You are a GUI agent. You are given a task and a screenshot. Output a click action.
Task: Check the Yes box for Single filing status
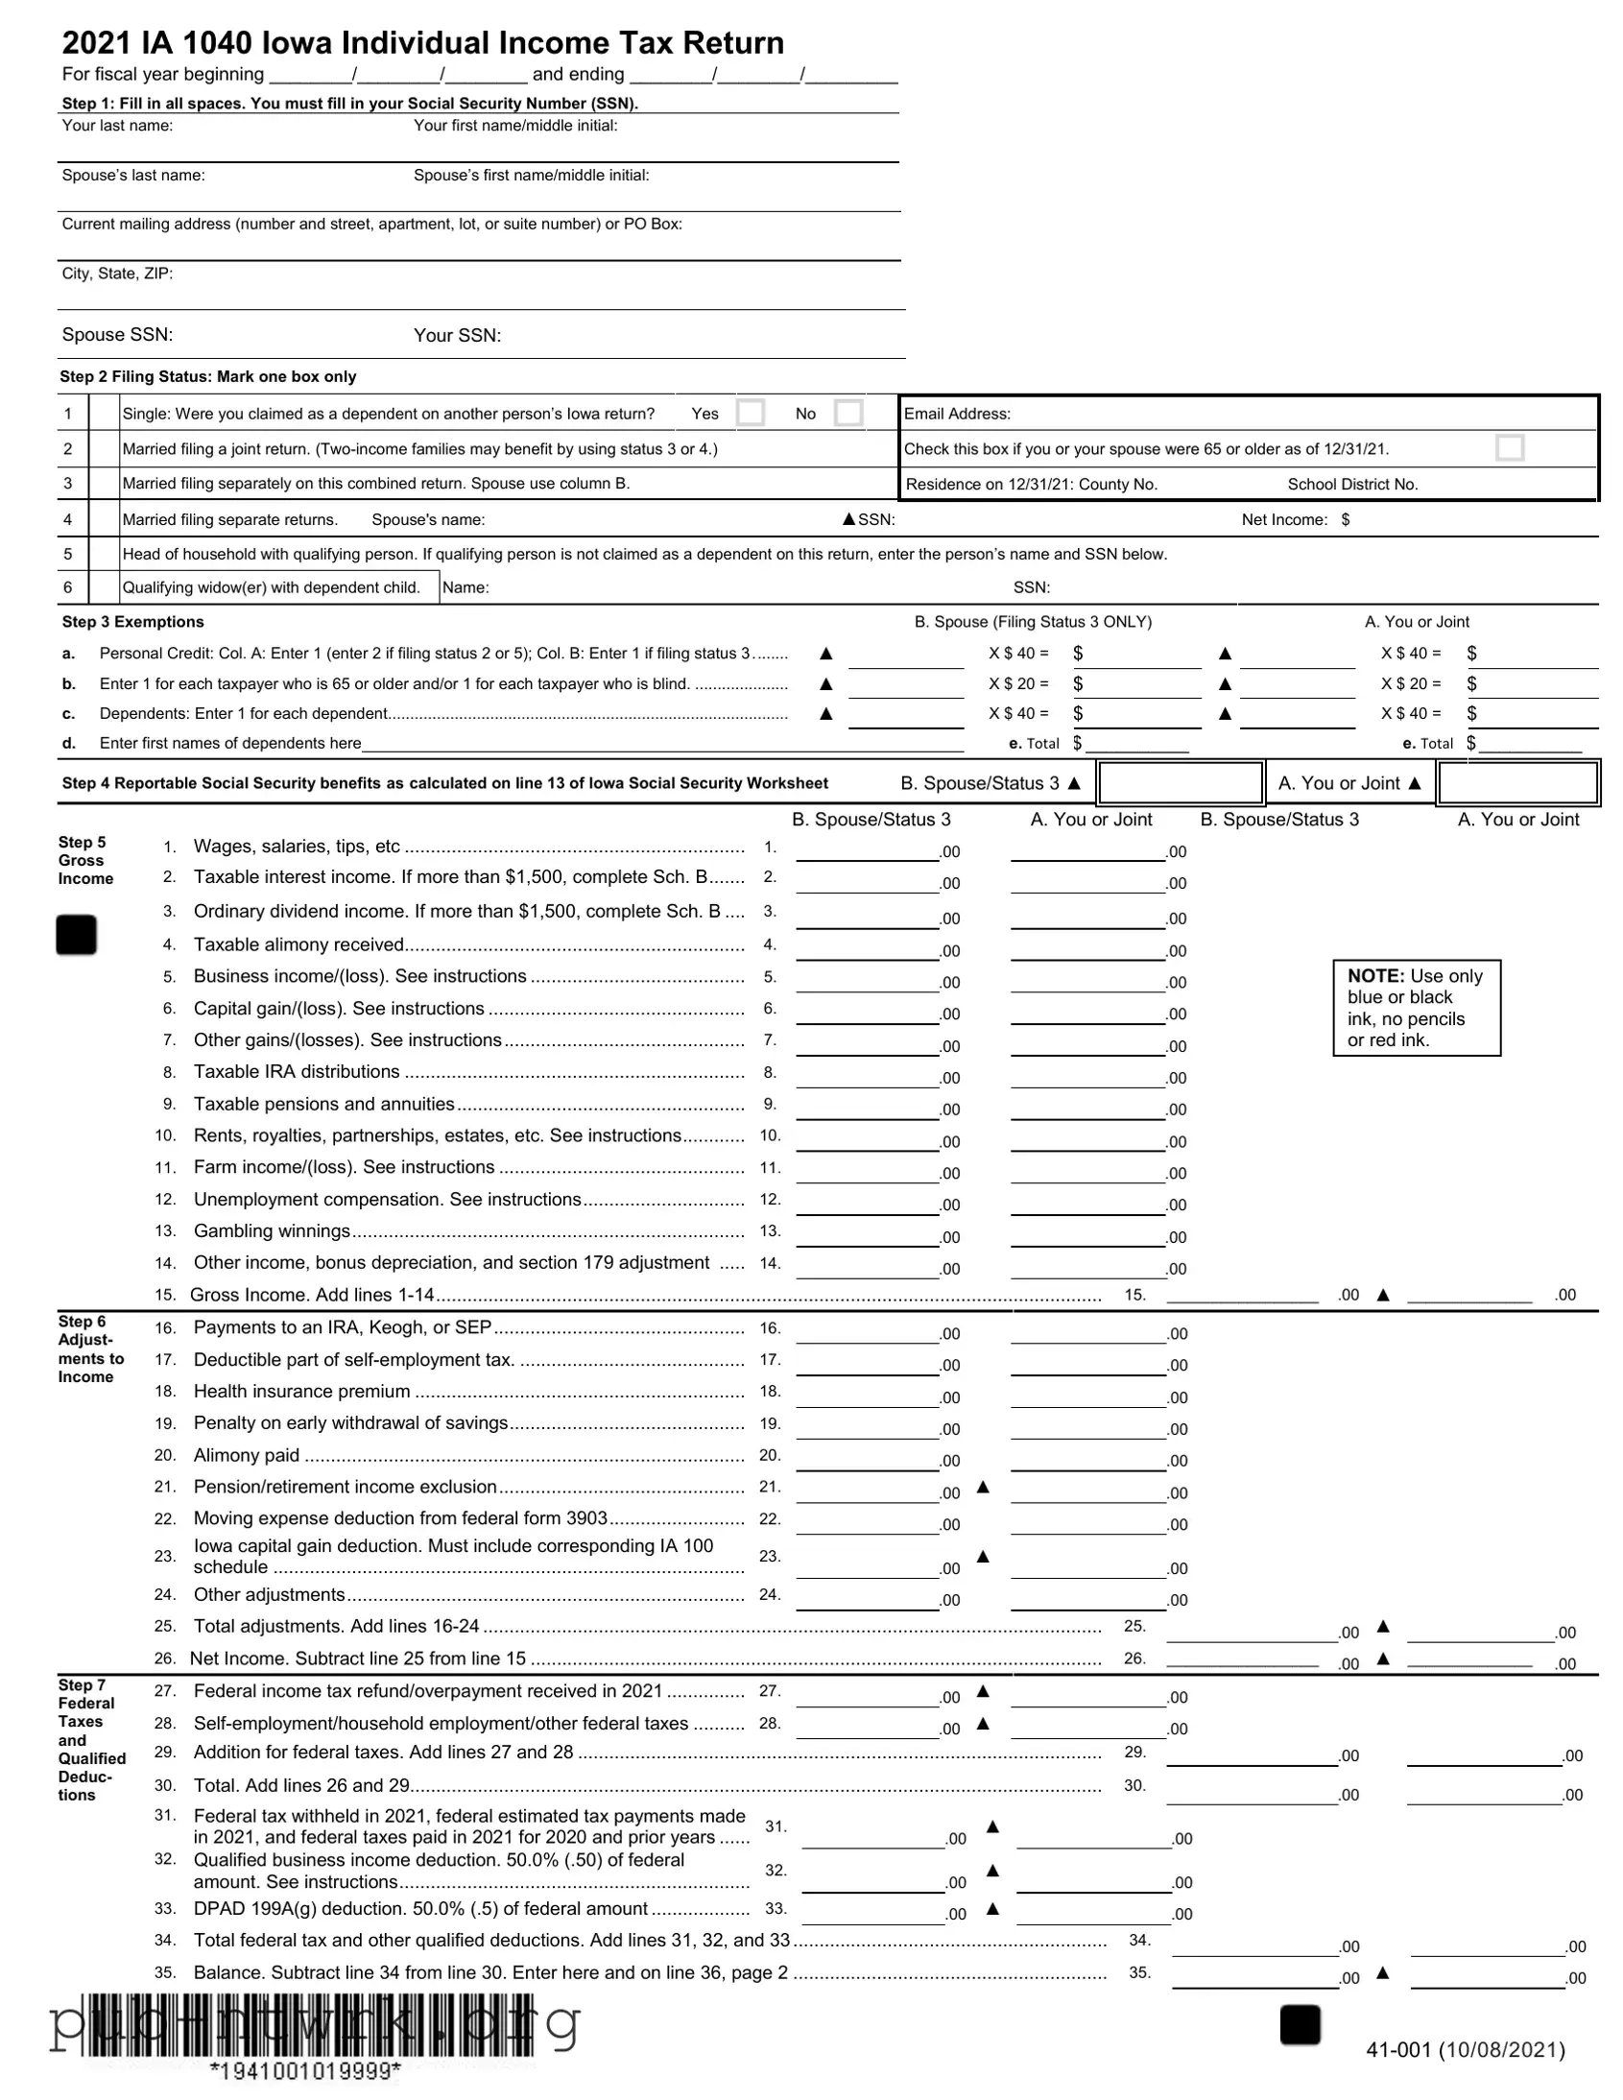point(750,413)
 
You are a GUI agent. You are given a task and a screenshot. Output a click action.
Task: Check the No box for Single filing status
point(848,413)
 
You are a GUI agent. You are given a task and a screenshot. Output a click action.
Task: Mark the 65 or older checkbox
point(1510,448)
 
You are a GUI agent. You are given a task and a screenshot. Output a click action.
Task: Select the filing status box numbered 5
point(104,554)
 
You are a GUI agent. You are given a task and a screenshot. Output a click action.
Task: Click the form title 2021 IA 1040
point(422,43)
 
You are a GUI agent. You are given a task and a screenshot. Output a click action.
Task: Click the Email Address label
point(957,414)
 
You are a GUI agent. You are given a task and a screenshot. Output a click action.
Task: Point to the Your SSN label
point(457,336)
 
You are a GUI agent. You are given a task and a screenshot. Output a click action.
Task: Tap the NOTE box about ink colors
point(1416,1008)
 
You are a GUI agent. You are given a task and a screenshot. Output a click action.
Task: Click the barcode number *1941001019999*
point(305,2070)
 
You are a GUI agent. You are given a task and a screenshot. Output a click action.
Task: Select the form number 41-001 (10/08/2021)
point(1466,2049)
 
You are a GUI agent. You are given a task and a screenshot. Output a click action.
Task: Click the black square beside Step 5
point(76,935)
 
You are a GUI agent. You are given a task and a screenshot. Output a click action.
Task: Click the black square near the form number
point(1300,2024)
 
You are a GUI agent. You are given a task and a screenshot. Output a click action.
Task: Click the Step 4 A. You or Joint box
point(1518,782)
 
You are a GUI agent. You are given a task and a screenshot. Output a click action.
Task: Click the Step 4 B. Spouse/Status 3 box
point(1180,782)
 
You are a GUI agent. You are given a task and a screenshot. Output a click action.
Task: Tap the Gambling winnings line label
point(273,1230)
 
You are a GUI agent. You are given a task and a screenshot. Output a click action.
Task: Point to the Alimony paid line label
point(246,1455)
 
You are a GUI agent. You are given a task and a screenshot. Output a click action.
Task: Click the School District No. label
point(1351,484)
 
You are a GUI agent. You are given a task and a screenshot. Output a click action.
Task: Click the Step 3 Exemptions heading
point(132,622)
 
